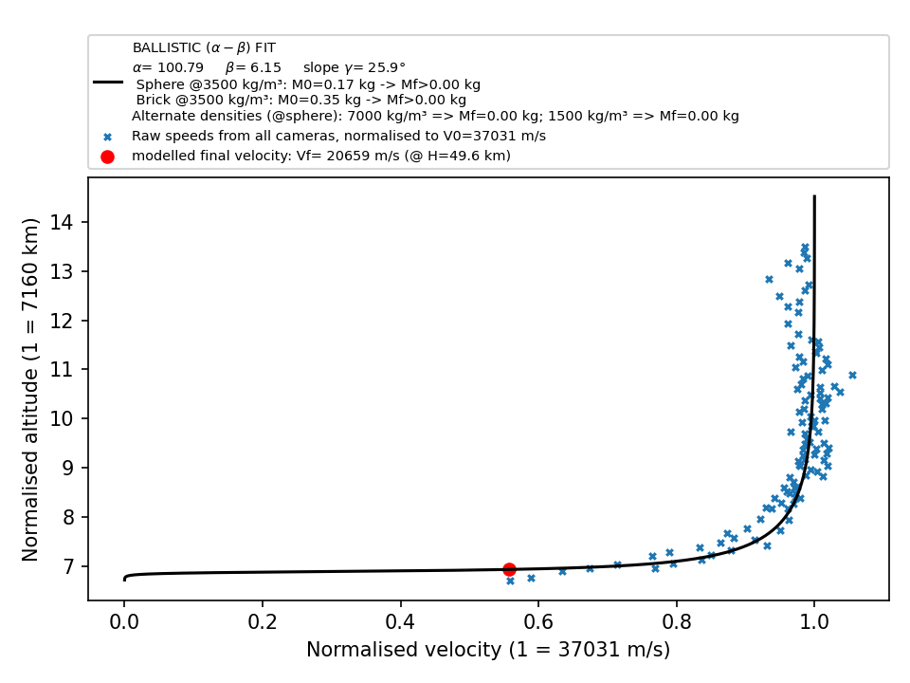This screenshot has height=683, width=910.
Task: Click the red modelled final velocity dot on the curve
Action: pyautogui.click(x=509, y=570)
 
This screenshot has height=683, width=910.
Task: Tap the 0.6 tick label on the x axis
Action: pyautogui.click(x=538, y=622)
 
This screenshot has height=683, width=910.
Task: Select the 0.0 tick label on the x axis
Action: pyautogui.click(x=123, y=622)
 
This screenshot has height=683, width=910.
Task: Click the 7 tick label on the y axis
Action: pyautogui.click(x=68, y=566)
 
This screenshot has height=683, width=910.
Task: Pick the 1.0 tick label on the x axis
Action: pyautogui.click(x=814, y=622)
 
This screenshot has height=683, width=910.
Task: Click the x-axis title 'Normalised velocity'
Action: pyautogui.click(x=404, y=649)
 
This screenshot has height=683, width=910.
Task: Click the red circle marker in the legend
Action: pyautogui.click(x=107, y=157)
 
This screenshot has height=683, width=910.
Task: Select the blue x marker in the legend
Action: pyautogui.click(x=107, y=137)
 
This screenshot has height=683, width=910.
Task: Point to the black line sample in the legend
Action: pyautogui.click(x=108, y=83)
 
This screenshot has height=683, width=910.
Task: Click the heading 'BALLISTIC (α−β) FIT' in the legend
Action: pyautogui.click(x=204, y=47)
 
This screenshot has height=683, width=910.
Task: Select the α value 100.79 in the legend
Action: pyautogui.click(x=179, y=67)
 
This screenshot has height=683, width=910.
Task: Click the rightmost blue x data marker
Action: pyautogui.click(x=852, y=376)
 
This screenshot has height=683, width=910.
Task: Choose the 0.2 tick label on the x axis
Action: pyautogui.click(x=262, y=622)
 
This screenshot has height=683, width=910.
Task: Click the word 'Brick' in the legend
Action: pyautogui.click(x=152, y=100)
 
